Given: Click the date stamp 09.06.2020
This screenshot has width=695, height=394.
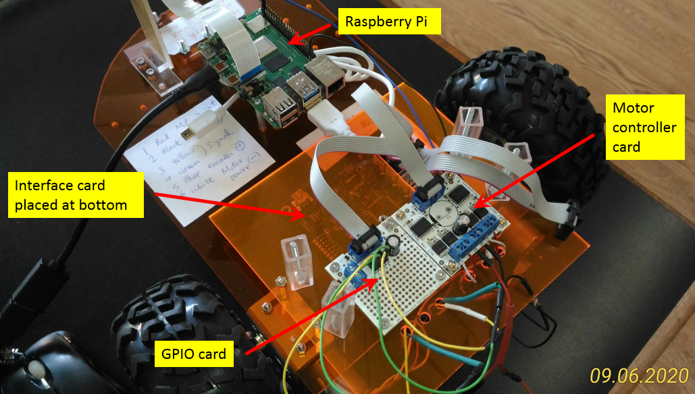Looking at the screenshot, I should (638, 376).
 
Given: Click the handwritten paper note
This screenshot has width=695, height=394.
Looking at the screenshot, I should (196, 162).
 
